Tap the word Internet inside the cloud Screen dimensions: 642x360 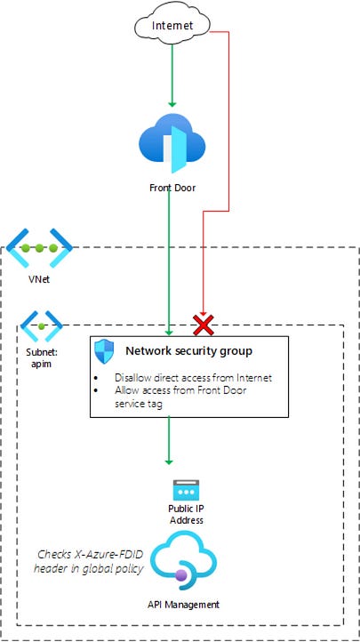coord(172,27)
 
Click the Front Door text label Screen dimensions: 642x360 coord(172,189)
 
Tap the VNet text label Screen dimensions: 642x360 coord(41,289)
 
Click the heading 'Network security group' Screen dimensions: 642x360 coord(188,351)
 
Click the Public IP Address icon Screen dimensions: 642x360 coord(187,490)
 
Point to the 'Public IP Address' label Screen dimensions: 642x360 coord(187,514)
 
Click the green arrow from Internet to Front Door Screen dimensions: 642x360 coord(172,76)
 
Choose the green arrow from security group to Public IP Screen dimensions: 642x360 coord(168,440)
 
